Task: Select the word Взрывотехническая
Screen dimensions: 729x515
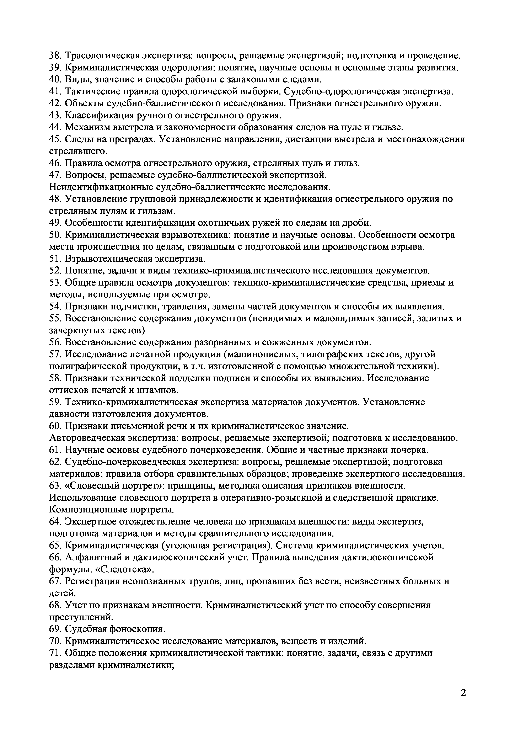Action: (x=108, y=259)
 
